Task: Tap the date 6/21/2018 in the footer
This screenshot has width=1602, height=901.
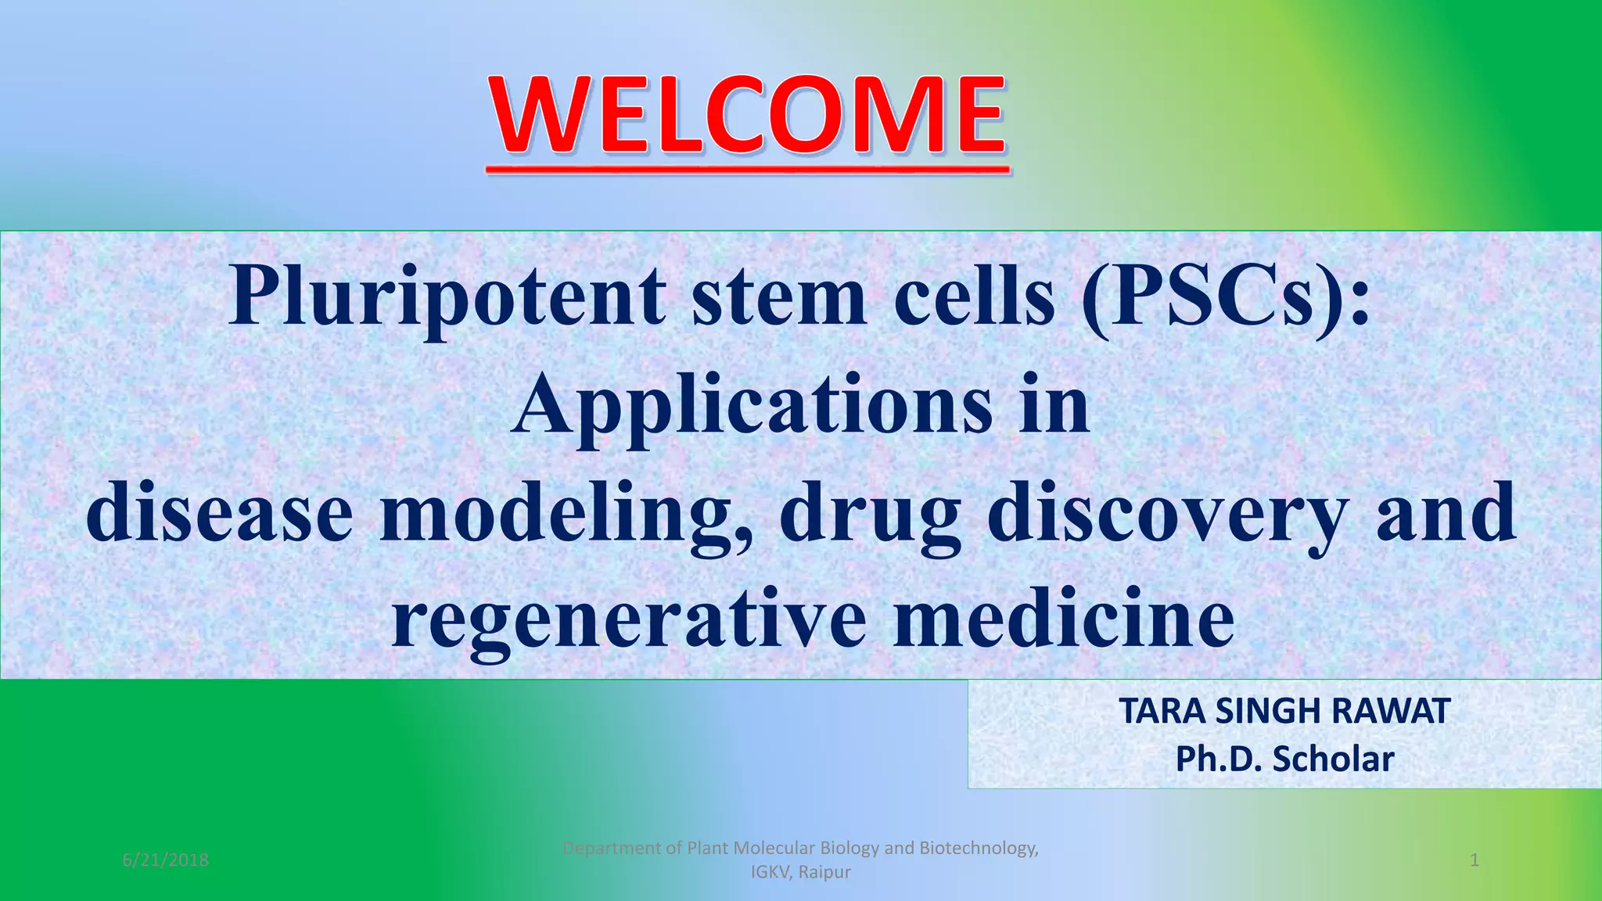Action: click(166, 860)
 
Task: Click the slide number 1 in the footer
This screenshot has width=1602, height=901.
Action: click(1474, 860)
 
